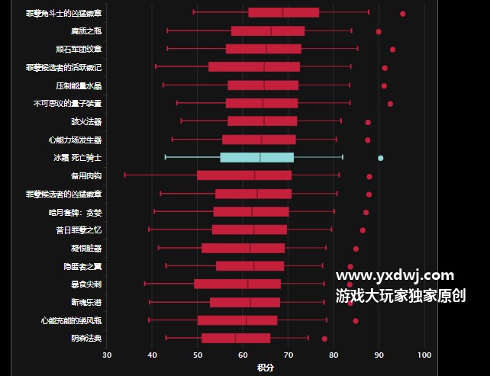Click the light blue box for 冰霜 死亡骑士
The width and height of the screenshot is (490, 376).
pyautogui.click(x=256, y=158)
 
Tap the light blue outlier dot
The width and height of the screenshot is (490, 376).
pyautogui.click(x=381, y=158)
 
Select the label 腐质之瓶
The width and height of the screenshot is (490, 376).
pyautogui.click(x=85, y=31)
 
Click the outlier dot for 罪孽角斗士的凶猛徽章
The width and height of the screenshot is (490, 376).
pyautogui.click(x=403, y=13)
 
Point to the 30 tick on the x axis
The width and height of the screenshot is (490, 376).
pyautogui.click(x=107, y=355)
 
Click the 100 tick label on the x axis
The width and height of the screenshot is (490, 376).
pyautogui.click(x=426, y=355)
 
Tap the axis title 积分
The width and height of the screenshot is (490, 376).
pyautogui.click(x=266, y=368)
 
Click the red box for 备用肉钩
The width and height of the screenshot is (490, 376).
pyautogui.click(x=244, y=176)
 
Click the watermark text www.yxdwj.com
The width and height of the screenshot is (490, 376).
pyautogui.click(x=395, y=275)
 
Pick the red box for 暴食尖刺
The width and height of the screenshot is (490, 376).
pyautogui.click(x=237, y=284)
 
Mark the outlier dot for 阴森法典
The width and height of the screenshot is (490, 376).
pyautogui.click(x=325, y=339)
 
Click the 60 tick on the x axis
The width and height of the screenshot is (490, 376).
pyautogui.click(x=243, y=355)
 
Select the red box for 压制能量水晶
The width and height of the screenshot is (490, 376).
pyautogui.click(x=263, y=85)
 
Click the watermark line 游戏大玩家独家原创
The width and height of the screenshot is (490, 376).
pyautogui.click(x=400, y=295)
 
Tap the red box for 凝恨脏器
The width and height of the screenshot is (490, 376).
pyautogui.click(x=243, y=248)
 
